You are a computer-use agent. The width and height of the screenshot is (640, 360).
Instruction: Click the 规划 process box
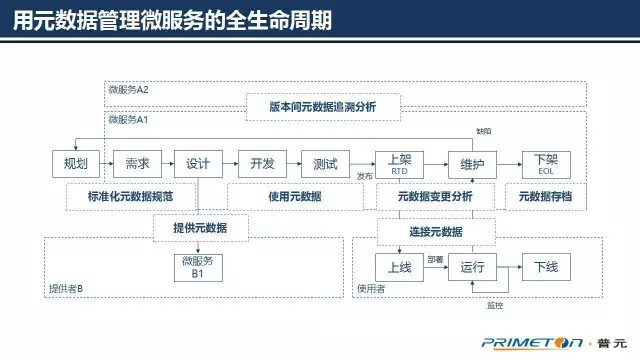[76, 164]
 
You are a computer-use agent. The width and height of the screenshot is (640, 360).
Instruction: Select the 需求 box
[138, 164]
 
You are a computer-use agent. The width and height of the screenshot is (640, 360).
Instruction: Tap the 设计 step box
[199, 164]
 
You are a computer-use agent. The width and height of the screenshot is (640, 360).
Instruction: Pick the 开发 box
[262, 164]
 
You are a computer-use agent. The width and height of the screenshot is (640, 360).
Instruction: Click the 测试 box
[325, 164]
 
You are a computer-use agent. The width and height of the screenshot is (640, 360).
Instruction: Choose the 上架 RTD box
[399, 164]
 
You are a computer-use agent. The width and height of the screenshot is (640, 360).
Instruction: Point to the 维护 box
[473, 164]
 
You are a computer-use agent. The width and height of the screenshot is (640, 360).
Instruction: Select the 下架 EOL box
[546, 164]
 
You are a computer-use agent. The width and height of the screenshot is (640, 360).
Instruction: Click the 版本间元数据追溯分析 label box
[322, 105]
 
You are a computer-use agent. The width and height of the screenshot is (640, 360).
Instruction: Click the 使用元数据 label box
[295, 196]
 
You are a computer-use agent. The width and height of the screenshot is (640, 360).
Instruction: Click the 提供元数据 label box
[200, 229]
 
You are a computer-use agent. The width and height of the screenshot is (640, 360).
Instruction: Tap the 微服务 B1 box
[199, 267]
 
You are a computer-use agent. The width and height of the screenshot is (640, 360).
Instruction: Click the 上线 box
[399, 267]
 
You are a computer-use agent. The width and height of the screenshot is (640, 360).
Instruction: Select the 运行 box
[473, 267]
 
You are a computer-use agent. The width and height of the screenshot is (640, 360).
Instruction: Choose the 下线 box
[546, 267]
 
